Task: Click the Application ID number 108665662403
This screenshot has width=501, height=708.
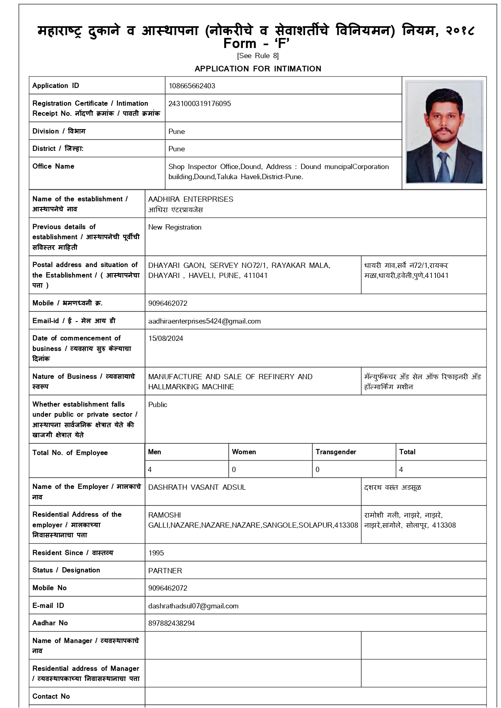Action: click(192, 86)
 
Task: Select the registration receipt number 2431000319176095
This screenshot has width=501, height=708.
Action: click(200, 104)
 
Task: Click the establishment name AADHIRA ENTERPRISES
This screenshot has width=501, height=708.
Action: click(191, 199)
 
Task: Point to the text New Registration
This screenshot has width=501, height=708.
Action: click(175, 227)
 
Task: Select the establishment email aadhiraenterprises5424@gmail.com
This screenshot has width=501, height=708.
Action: click(204, 321)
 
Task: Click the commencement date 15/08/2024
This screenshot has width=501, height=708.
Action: click(166, 338)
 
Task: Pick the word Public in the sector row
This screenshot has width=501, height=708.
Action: click(158, 405)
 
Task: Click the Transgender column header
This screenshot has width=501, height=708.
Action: click(336, 452)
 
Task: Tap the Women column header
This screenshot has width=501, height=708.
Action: click(244, 452)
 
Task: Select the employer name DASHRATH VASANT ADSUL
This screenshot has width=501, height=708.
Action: click(197, 487)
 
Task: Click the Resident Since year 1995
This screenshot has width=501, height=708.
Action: click(156, 553)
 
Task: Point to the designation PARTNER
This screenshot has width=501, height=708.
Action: click(165, 571)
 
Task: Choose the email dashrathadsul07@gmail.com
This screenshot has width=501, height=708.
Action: click(193, 606)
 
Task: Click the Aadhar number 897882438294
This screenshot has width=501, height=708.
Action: click(171, 623)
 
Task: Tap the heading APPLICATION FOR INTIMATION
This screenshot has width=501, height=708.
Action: click(258, 69)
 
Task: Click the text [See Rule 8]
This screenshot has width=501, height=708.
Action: click(258, 56)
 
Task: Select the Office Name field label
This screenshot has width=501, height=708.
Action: click(53, 166)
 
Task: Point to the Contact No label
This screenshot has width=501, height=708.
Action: click(51, 696)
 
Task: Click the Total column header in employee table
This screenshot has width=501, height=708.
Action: click(407, 452)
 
